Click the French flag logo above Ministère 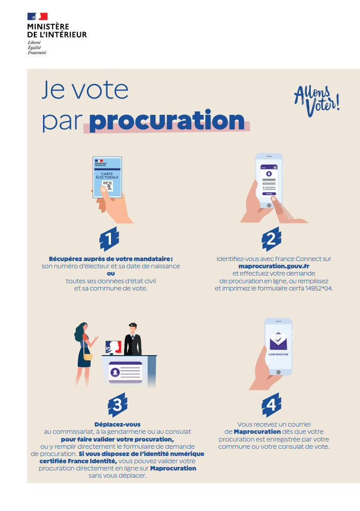click(37, 16)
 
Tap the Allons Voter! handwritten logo click(317, 101)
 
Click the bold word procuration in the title click(167, 121)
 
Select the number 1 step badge click(109, 239)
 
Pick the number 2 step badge click(272, 239)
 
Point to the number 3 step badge click(118, 405)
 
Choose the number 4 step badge click(272, 405)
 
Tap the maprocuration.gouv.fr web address click(274, 266)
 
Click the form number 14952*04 click(319, 288)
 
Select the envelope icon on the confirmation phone click(278, 341)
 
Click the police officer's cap click(132, 325)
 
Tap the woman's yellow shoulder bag click(88, 357)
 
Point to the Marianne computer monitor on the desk click(114, 347)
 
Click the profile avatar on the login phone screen click(269, 174)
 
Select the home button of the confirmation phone click(278, 372)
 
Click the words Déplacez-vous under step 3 click(118, 424)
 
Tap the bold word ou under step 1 click(111, 274)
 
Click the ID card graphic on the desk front click(126, 372)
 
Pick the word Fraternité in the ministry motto click(37, 53)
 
